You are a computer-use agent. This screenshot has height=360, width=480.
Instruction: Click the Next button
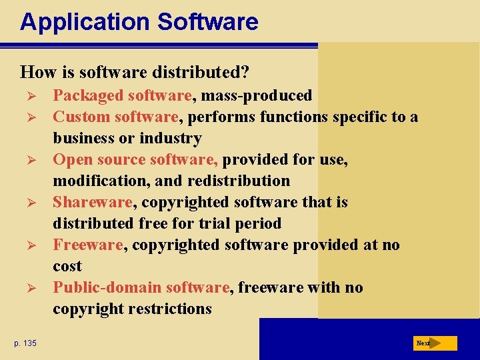click(x=434, y=343)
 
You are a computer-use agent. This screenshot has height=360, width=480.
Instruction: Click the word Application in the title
click(x=85, y=22)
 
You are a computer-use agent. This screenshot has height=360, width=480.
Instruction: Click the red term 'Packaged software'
click(x=123, y=96)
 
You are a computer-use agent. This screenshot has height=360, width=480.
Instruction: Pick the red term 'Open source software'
click(x=136, y=160)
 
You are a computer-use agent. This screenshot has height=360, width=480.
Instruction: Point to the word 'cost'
click(x=67, y=267)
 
